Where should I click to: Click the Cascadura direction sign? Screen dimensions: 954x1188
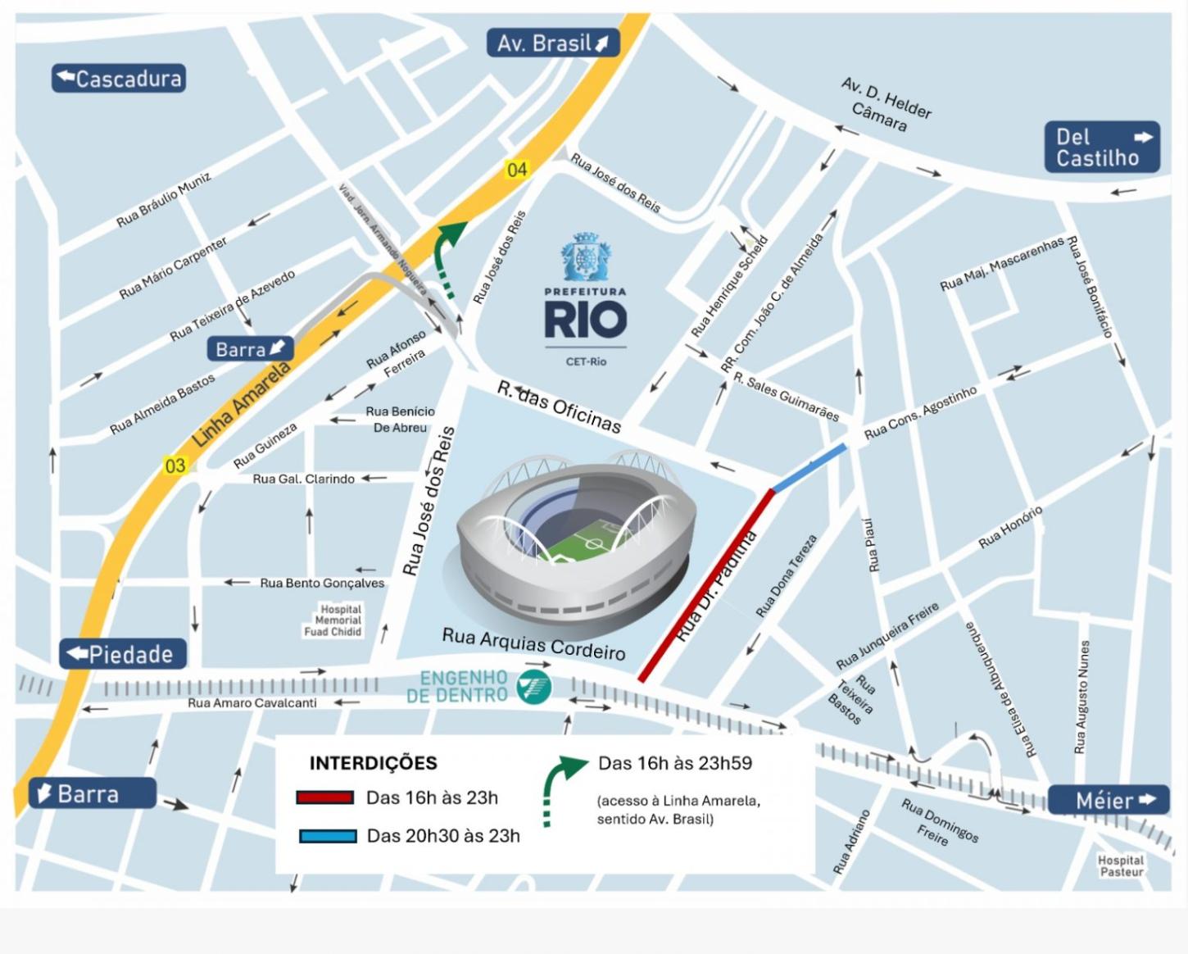tap(119, 79)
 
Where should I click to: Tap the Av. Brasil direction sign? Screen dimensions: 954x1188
tap(553, 43)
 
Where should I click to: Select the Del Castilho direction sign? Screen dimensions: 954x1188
tap(1102, 148)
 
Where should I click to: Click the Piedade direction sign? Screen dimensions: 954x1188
tap(123, 654)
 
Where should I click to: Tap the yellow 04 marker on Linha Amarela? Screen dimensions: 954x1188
tap(517, 170)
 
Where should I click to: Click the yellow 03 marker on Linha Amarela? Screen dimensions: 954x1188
tap(175, 466)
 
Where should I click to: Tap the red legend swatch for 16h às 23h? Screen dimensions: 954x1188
tap(325, 797)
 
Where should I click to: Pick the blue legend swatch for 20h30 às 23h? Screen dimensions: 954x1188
tap(328, 836)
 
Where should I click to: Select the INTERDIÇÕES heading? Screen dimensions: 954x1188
tap(373, 763)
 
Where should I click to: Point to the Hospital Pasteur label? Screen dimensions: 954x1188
tap(1121, 865)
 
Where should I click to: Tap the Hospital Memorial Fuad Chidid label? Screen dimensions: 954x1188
tap(333, 621)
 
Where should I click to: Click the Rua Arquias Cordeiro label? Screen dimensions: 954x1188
tap(533, 644)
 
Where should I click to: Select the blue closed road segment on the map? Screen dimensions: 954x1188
tap(809, 468)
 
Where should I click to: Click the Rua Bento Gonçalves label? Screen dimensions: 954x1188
tap(322, 583)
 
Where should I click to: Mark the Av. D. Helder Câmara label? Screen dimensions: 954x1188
tap(885, 105)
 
